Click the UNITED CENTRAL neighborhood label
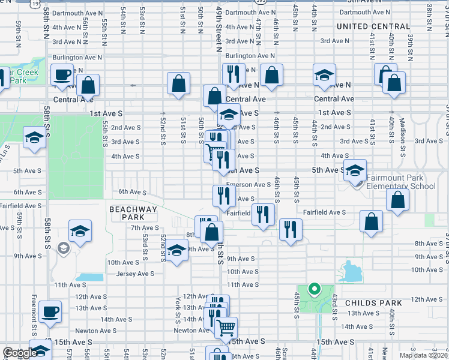373,26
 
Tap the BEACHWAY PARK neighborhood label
133,213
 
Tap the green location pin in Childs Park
313,290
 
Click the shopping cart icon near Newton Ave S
226,327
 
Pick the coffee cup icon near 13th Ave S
50,311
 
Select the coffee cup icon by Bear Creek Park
62,75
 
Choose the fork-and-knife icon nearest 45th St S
290,229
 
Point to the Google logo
20,353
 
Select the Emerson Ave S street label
248,185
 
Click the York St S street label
178,306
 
